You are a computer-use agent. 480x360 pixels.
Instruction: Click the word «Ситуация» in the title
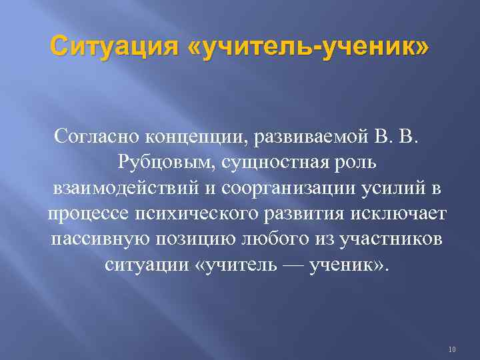coord(113,49)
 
